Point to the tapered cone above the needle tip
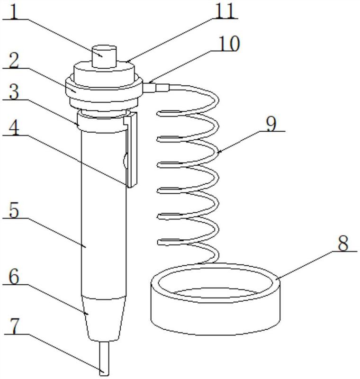click(105, 317)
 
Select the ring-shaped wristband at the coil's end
click(216, 303)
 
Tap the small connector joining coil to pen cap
click(152, 88)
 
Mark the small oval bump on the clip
click(125, 161)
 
